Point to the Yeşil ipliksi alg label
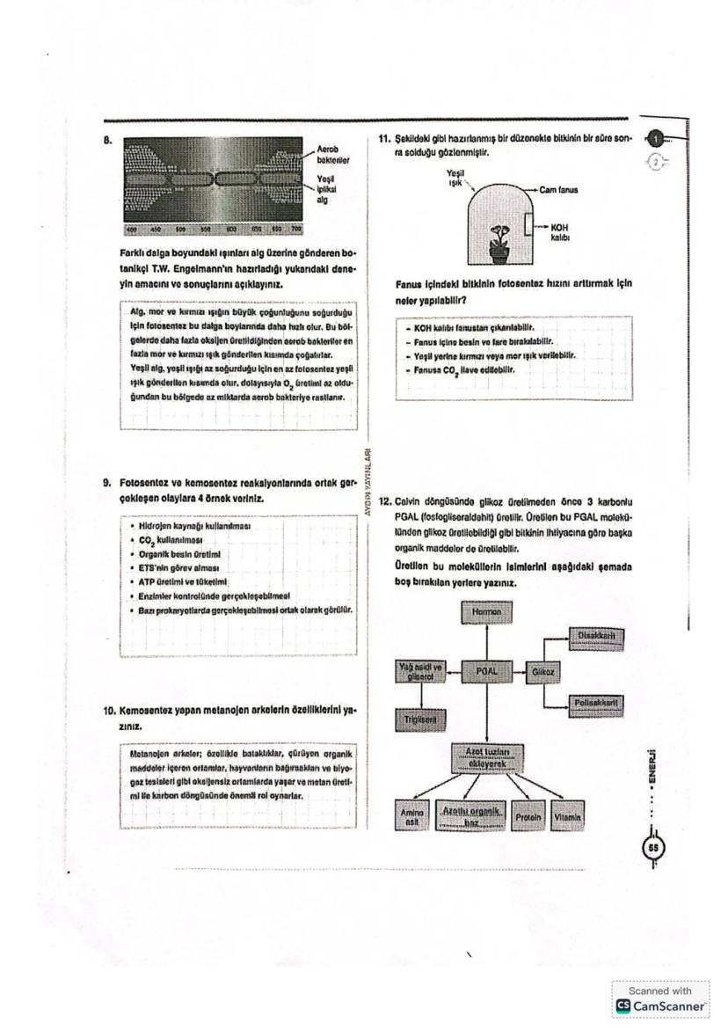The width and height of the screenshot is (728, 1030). pos(326,187)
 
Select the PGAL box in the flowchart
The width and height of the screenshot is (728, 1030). pos(486,670)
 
